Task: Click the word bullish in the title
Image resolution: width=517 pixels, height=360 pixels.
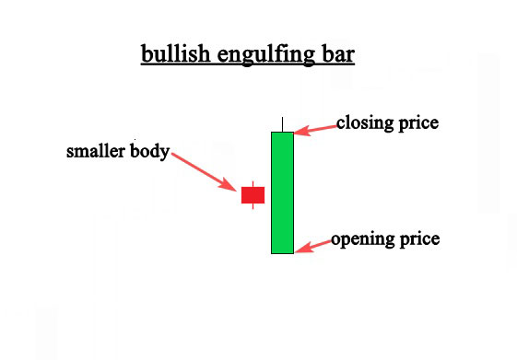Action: click(173, 53)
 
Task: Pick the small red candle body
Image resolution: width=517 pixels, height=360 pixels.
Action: click(253, 194)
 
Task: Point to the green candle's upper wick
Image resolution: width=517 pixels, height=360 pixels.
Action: click(282, 124)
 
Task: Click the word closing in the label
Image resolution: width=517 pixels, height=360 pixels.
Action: click(365, 122)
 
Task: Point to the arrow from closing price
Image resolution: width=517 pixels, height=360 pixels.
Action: click(315, 130)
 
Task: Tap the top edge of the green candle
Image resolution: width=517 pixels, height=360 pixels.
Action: click(282, 133)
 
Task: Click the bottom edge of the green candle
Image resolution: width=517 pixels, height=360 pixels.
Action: click(282, 253)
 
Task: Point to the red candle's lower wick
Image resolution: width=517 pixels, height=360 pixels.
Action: click(253, 206)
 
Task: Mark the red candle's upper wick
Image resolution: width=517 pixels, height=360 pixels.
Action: click(253, 182)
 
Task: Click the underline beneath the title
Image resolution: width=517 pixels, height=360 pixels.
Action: click(247, 64)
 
